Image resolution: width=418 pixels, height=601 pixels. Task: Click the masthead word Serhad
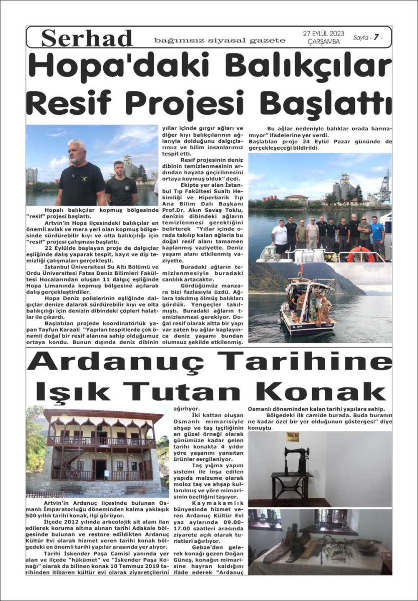(x=87, y=39)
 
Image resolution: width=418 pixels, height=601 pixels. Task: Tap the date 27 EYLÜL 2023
(x=323, y=34)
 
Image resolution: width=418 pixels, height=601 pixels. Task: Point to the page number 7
(x=373, y=38)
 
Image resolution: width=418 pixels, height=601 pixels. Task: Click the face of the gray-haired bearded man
(x=77, y=152)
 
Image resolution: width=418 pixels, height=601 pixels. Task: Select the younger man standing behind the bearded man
(x=120, y=183)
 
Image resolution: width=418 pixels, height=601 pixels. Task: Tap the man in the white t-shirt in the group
(x=279, y=236)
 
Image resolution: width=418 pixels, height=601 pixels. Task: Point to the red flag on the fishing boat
(x=301, y=271)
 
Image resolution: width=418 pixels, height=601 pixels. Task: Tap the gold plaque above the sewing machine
(x=293, y=437)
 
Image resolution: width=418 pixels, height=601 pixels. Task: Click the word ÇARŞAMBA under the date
(x=323, y=42)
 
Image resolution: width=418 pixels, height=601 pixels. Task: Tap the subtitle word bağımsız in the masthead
(x=171, y=40)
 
